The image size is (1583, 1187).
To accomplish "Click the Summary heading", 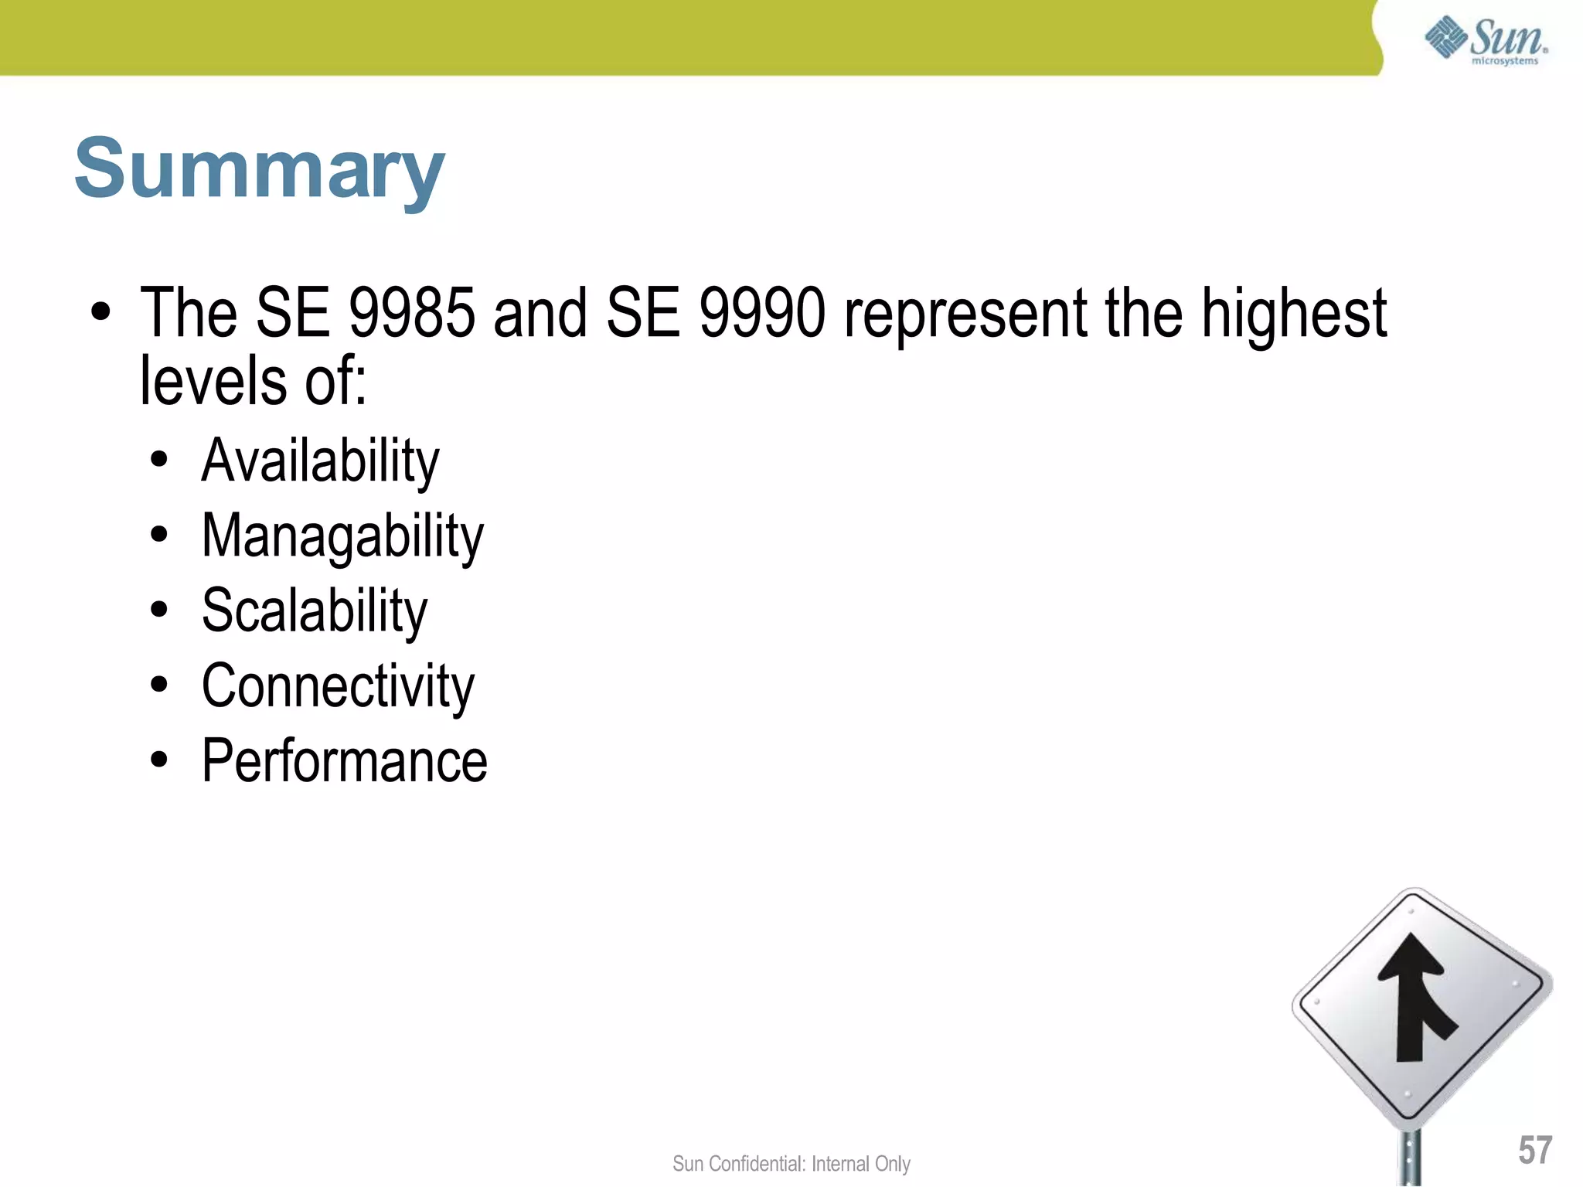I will click(260, 168).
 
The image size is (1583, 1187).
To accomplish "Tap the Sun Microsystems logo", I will click(1486, 40).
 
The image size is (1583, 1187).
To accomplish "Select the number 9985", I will click(411, 313).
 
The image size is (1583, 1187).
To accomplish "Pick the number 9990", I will click(762, 313).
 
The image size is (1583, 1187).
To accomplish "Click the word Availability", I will click(320, 461).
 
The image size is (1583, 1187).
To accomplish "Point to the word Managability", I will click(342, 536).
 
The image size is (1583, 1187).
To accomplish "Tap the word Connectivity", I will click(338, 686).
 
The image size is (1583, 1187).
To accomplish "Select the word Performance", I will click(344, 761).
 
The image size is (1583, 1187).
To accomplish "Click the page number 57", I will click(1534, 1150).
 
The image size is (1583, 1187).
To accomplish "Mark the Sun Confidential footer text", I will click(791, 1164).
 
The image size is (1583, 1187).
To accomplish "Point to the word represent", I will click(966, 313).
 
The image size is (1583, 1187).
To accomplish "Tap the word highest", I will click(1294, 313).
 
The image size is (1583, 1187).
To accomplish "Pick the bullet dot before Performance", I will click(159, 760).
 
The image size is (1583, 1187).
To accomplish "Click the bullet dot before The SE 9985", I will click(100, 313).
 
